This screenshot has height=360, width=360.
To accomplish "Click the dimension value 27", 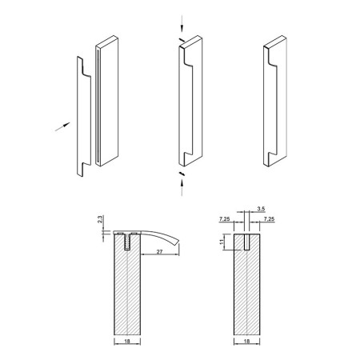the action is coord(159,251).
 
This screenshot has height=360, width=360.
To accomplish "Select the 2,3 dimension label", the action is coord(100,219).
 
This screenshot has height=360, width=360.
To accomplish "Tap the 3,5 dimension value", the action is coord(261,209).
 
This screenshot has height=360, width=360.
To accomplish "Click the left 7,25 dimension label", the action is coord(225,219).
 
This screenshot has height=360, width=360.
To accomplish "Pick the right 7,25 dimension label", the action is coord(269,219).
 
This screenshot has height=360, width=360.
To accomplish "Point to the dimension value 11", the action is coord(222,242).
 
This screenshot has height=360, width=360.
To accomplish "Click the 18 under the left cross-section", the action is coord(127,341).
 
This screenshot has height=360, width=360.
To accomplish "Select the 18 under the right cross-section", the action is coord(246,341).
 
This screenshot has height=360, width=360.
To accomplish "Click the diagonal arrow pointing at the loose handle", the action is coord(62,126).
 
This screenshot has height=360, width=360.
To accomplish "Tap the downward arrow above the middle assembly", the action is coord(182,23).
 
